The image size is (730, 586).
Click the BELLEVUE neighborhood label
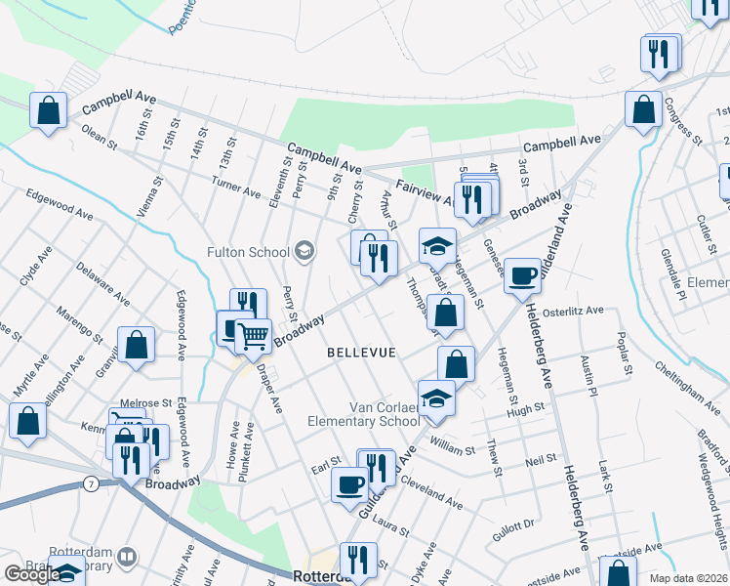point(361,352)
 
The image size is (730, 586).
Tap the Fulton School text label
point(248,252)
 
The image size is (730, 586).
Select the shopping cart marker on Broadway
point(253,335)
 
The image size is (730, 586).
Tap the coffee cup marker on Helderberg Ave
point(523,275)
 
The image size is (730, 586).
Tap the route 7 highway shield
point(90,483)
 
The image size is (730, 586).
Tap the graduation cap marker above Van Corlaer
point(436,398)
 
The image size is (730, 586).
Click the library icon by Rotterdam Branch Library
point(126,558)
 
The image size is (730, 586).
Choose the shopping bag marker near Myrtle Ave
point(27,421)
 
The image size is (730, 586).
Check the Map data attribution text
point(689,578)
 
